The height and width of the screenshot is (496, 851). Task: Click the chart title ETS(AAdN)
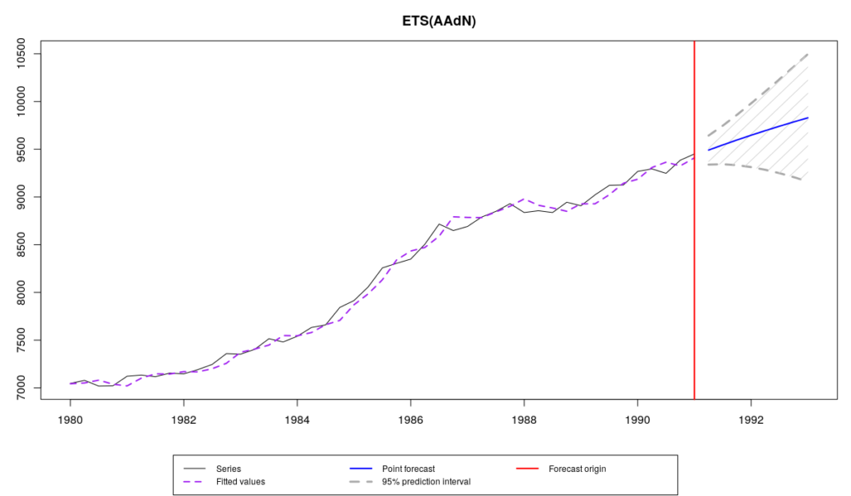pyautogui.click(x=433, y=22)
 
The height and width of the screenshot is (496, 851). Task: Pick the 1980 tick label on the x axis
pyautogui.click(x=70, y=420)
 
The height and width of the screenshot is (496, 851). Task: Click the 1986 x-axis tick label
pyautogui.click(x=411, y=420)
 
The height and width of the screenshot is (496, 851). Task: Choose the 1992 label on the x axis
pyautogui.click(x=750, y=420)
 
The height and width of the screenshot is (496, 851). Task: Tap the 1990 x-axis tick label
pyautogui.click(x=637, y=420)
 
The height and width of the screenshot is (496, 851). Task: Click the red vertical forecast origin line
pyautogui.click(x=694, y=249)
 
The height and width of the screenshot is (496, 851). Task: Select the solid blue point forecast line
pyautogui.click(x=756, y=133)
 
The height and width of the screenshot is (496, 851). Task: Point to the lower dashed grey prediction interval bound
pyautogui.click(x=756, y=168)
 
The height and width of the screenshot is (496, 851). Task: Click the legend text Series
pyautogui.click(x=228, y=469)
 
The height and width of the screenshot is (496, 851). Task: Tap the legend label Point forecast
pyautogui.click(x=408, y=469)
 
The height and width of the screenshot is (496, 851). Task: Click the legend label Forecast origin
pyautogui.click(x=577, y=469)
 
